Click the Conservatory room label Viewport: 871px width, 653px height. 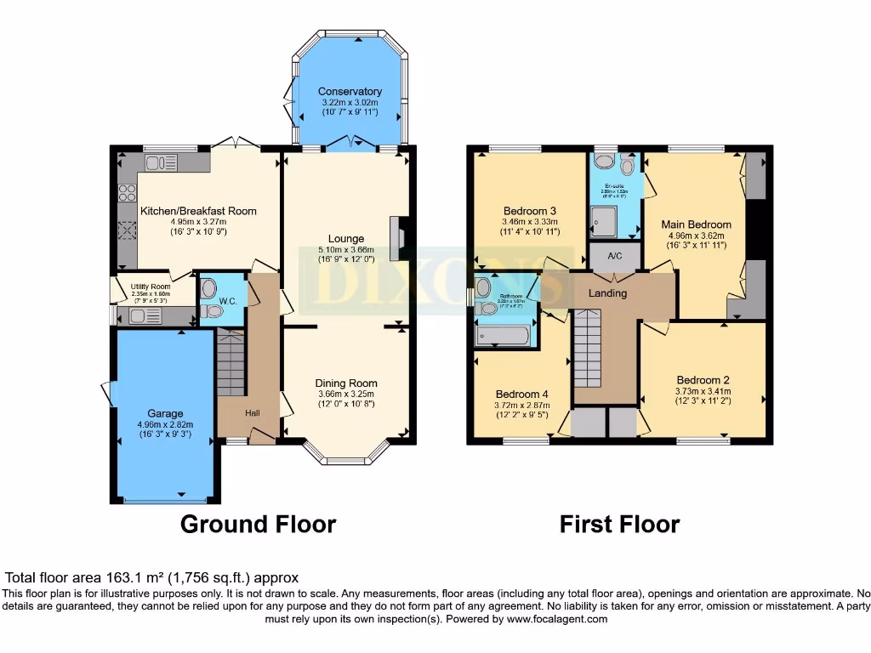350,92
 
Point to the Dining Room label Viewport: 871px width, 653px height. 346,383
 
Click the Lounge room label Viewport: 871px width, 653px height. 346,238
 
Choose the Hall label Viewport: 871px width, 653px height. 253,412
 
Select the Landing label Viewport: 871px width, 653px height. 607,293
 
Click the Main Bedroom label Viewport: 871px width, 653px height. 696,224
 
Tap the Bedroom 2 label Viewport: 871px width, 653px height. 703,380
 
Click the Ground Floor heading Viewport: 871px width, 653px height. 258,525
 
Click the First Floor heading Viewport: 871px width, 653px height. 619,525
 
